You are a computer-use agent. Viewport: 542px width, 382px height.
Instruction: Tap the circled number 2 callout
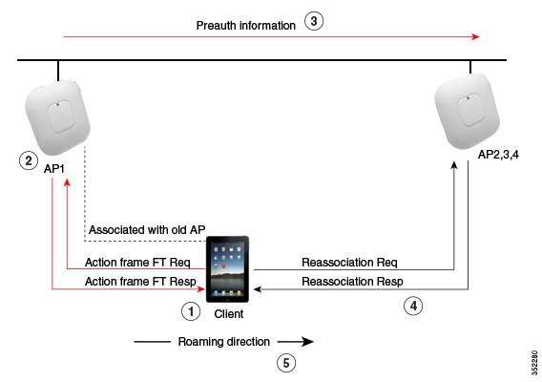tap(29, 161)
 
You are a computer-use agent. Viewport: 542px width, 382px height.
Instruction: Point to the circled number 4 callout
tap(411, 306)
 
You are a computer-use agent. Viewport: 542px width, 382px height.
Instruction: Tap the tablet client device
tap(227, 270)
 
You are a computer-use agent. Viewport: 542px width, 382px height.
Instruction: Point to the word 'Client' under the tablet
tap(228, 312)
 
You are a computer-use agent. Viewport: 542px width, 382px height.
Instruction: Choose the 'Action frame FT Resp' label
tap(139, 281)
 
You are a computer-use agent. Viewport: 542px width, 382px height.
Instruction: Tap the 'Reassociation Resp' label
tap(351, 281)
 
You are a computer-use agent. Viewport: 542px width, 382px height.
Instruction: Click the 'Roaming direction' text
tap(224, 341)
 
